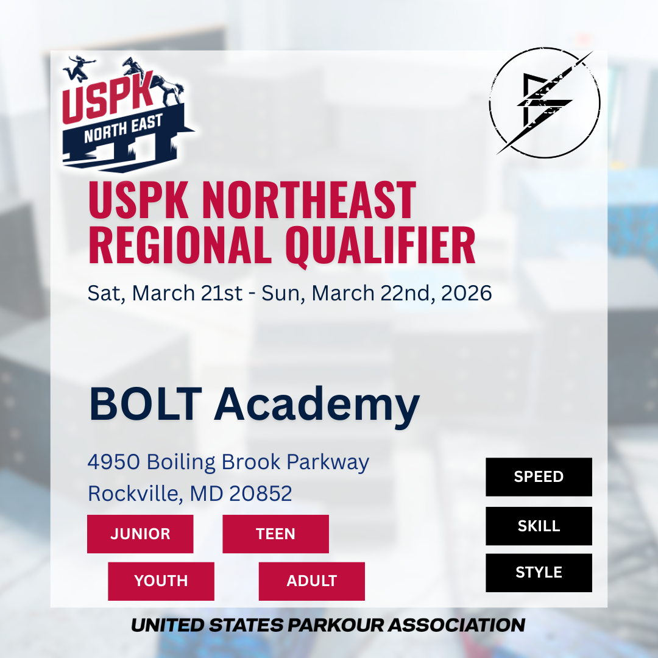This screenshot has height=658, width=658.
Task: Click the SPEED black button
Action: click(x=539, y=476)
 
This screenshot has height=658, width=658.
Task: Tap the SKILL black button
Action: click(x=539, y=526)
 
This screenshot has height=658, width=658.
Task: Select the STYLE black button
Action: click(x=539, y=573)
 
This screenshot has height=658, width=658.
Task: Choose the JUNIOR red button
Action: click(x=140, y=534)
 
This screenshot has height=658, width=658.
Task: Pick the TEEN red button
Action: click(x=276, y=534)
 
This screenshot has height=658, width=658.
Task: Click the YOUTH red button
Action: click(x=161, y=581)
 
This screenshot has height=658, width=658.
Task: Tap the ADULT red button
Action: click(x=312, y=581)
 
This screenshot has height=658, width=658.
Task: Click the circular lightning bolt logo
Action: click(x=545, y=102)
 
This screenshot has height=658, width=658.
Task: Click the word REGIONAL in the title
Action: click(x=180, y=245)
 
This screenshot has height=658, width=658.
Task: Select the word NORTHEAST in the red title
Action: click(x=310, y=200)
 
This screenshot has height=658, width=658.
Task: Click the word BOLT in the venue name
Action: click(x=145, y=404)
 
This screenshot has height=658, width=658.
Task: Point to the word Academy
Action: click(x=317, y=406)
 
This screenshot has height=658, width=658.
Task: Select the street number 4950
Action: click(x=113, y=462)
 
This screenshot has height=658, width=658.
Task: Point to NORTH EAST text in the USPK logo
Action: click(x=123, y=129)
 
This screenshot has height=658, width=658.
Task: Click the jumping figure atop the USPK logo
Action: click(x=79, y=68)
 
